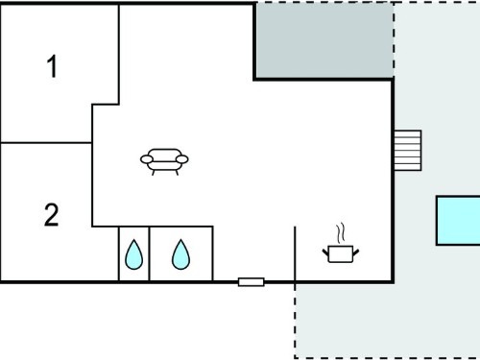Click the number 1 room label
(x=52, y=66)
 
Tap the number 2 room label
(x=51, y=215)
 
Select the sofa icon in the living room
(x=164, y=161)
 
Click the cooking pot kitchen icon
(x=341, y=254)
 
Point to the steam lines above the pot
(x=341, y=233)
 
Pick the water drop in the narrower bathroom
(x=133, y=254)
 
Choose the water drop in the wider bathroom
(x=180, y=254)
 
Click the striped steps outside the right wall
(x=407, y=151)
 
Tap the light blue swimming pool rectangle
(x=458, y=221)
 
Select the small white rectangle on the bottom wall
(x=252, y=282)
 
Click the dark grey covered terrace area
(x=324, y=40)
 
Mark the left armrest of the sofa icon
(x=147, y=159)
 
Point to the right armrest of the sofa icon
(x=182, y=159)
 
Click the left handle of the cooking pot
(x=325, y=252)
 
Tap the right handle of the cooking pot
(x=355, y=252)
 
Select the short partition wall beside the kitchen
(x=295, y=254)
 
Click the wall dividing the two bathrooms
(x=149, y=254)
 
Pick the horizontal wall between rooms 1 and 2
(x=46, y=143)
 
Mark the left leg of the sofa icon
(x=154, y=173)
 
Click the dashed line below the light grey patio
(x=387, y=358)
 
